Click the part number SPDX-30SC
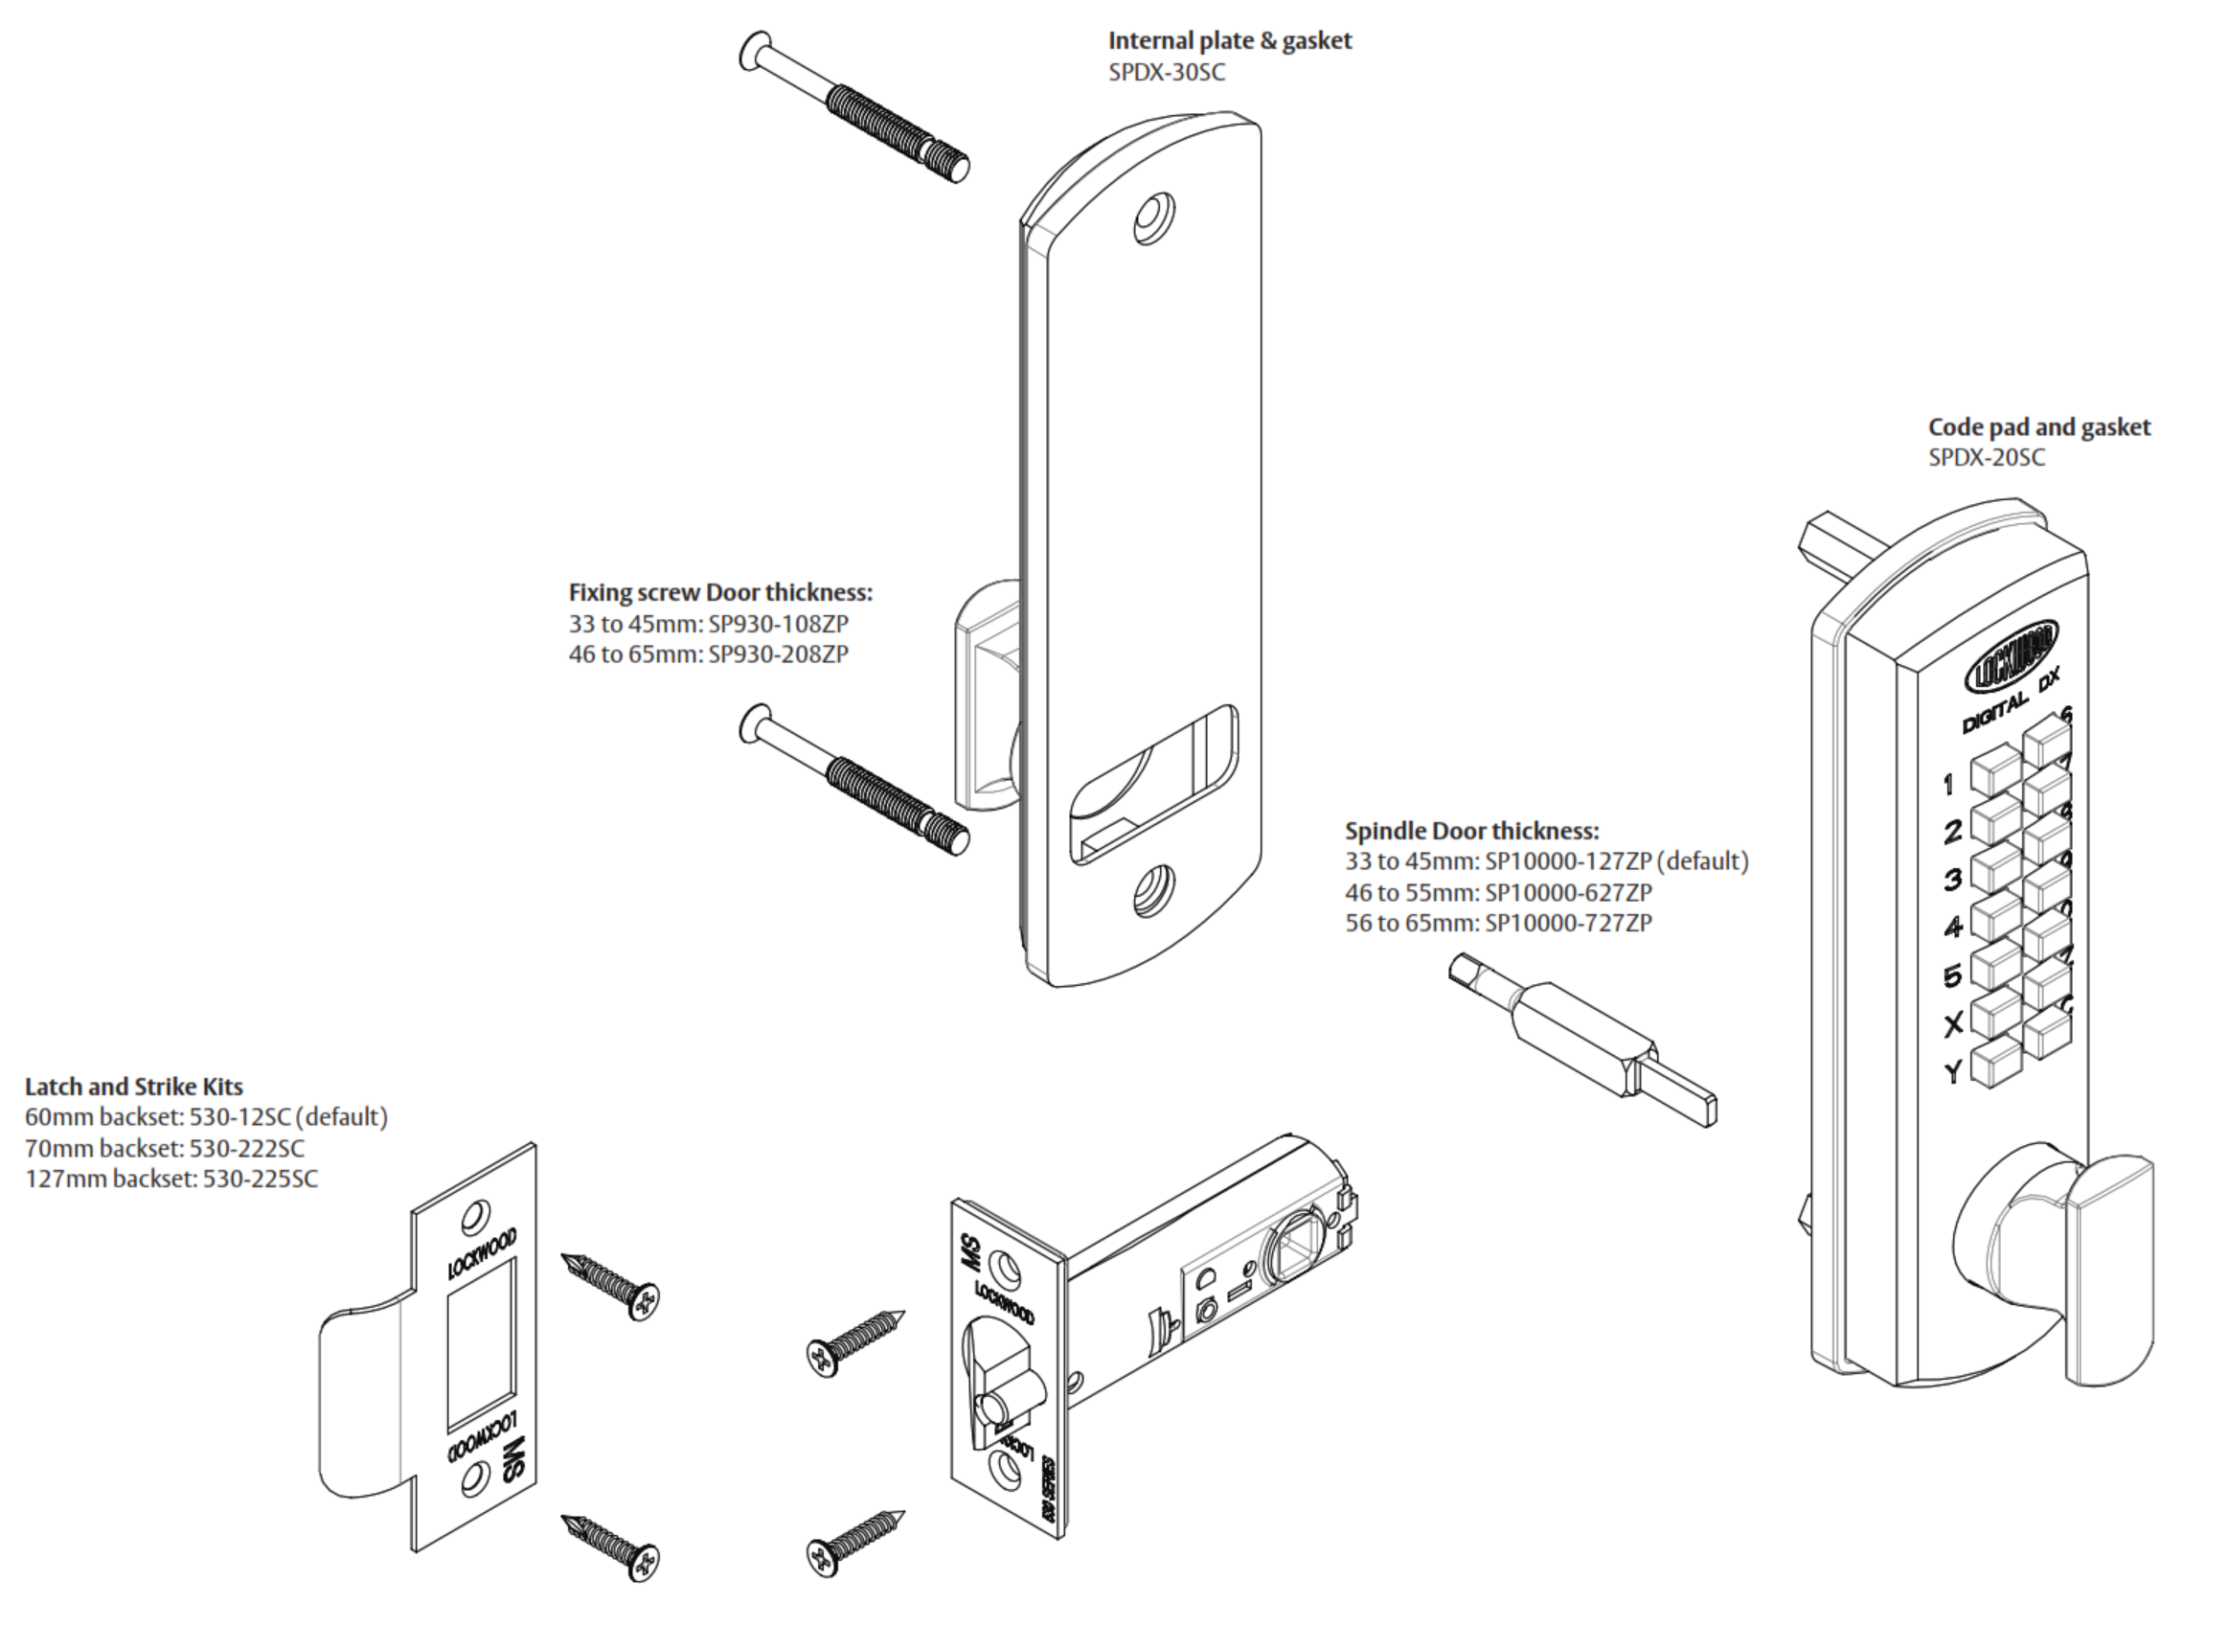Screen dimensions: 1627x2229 point(1167,73)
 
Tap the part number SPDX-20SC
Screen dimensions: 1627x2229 point(1986,458)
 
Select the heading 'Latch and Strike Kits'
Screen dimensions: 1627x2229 point(134,1087)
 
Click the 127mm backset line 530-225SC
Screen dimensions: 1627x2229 point(171,1179)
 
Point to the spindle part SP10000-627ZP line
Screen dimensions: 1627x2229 point(1498,892)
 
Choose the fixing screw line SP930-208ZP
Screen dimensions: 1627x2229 point(708,653)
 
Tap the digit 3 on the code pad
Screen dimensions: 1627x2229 point(1953,879)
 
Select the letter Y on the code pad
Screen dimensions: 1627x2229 point(1953,1071)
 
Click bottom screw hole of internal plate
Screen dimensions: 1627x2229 point(1153,892)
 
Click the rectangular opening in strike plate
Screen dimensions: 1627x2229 point(481,1344)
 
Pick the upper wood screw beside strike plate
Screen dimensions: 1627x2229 point(610,1285)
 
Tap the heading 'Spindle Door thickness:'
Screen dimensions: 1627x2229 point(1472,830)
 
